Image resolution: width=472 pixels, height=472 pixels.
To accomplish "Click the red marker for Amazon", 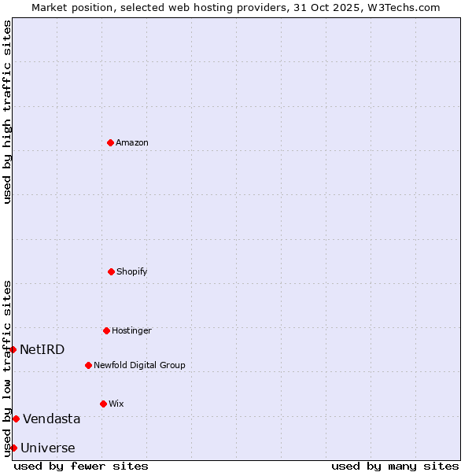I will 110,142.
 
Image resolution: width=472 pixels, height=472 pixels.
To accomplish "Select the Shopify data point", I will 111,271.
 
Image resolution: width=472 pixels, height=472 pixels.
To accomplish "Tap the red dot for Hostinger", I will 106,330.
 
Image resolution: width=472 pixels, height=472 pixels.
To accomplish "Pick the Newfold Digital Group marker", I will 88,365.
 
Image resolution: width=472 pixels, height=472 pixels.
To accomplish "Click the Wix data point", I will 103,404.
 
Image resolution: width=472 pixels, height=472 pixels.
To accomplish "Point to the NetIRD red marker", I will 13,349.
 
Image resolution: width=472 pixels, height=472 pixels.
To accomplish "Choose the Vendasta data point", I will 16,419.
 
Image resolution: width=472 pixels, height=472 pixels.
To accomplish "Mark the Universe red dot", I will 13,448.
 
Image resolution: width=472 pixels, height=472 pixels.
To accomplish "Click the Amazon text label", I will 132,143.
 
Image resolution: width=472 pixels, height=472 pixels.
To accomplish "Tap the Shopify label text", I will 132,272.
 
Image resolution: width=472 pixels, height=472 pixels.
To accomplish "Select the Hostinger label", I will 131,331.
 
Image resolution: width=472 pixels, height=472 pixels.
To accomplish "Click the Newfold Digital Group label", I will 139,366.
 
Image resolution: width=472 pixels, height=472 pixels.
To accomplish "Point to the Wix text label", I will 116,404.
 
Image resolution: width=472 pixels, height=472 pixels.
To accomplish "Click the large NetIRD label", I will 42,350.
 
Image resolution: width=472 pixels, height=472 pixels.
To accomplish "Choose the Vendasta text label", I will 51,419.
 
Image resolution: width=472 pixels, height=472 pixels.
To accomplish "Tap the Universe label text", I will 48,448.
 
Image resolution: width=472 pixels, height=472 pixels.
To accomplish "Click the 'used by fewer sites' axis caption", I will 81,466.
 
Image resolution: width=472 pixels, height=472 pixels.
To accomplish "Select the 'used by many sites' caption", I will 395,466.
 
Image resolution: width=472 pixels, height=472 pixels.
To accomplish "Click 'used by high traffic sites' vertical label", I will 7,112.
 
